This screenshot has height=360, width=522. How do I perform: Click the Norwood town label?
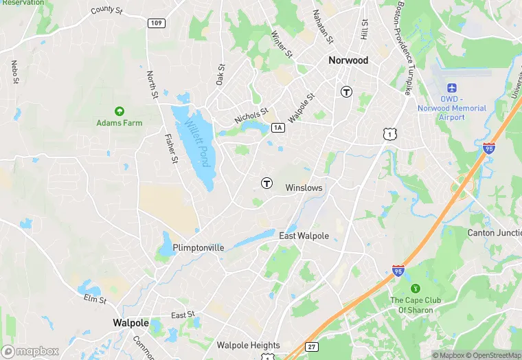348,60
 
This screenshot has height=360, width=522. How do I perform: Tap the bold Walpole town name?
130,322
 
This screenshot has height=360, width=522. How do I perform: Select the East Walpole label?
304,236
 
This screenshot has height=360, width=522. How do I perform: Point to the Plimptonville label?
198,247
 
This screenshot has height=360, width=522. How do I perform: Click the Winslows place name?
304,188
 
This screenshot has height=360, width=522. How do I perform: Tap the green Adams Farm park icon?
119,111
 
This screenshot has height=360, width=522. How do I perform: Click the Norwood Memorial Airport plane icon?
452,88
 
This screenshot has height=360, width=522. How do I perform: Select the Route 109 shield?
155,23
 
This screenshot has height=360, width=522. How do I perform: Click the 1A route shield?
278,127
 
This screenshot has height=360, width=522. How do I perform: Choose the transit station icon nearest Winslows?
266,183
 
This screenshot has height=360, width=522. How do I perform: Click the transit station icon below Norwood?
347,91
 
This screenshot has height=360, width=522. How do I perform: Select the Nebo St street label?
14,73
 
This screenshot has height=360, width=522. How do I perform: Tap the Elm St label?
95,300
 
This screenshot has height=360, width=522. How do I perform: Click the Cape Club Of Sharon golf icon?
415,288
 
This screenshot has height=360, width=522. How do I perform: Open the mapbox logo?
30,351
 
